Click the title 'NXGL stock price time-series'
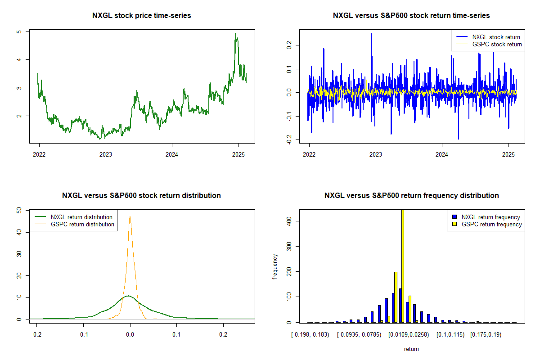[x=141, y=16]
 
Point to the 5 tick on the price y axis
[x=18, y=32]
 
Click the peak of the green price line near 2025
[x=235, y=34]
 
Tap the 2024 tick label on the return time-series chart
[x=442, y=154]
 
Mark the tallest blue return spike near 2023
[x=371, y=34]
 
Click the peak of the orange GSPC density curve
[x=130, y=217]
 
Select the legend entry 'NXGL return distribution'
[x=81, y=217]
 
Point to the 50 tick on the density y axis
[x=18, y=210]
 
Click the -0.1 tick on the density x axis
[x=83, y=334]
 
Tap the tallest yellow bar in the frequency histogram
[x=402, y=265]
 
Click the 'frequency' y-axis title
[x=275, y=266]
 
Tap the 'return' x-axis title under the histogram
[x=411, y=349]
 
